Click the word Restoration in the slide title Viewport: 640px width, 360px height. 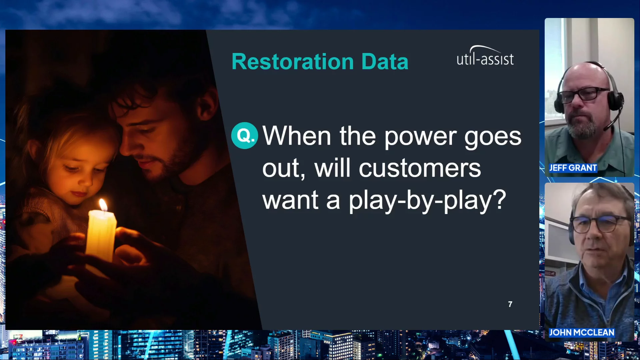tap(293, 62)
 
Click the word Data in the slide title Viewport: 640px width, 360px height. tap(385, 62)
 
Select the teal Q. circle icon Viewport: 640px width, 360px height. tap(245, 135)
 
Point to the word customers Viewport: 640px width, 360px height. tap(420, 169)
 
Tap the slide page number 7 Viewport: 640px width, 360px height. tap(510, 304)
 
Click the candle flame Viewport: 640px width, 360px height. tap(103, 204)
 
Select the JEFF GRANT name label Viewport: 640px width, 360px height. tap(573, 168)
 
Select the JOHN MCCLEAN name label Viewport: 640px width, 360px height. tap(581, 332)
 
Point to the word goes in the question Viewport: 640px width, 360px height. tap(493, 137)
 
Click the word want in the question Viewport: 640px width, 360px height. tap(290, 200)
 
